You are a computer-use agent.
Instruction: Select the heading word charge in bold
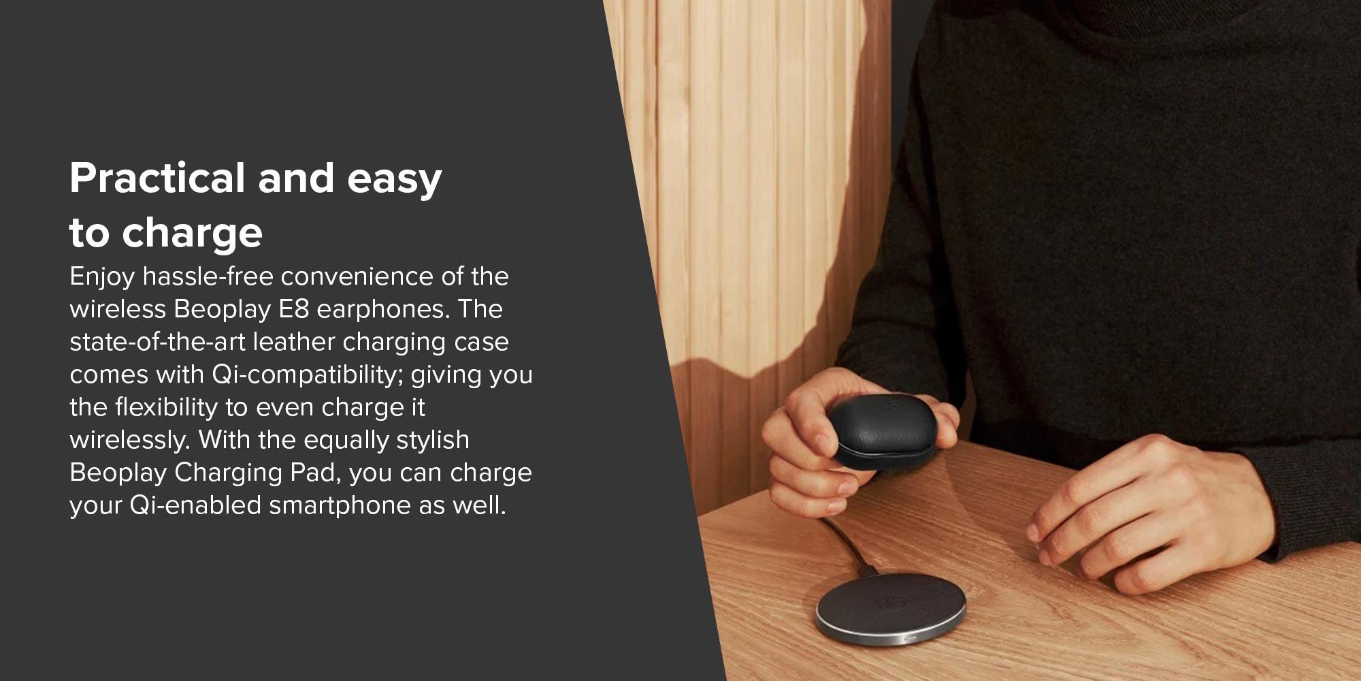pos(192,234)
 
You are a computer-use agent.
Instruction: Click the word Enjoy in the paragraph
pos(103,277)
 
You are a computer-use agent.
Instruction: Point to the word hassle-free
pos(208,276)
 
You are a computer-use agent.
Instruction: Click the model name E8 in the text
pos(294,309)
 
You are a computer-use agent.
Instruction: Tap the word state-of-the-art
pos(158,342)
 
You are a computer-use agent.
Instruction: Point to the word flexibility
pos(166,407)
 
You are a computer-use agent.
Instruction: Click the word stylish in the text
pos(433,441)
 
